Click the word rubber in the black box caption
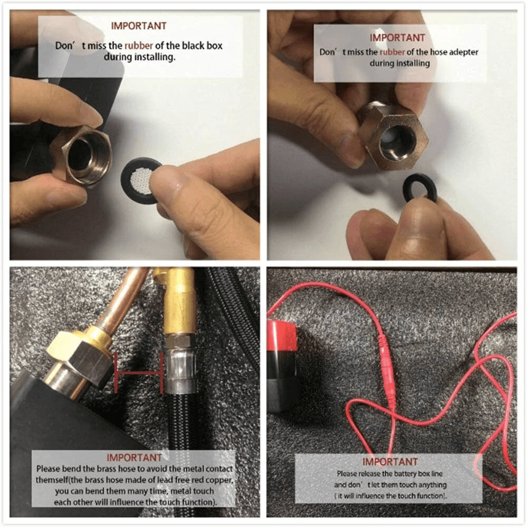(x=139, y=46)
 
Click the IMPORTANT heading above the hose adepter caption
(x=397, y=38)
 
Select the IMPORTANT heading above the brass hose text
(x=134, y=457)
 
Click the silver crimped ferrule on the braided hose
(x=180, y=371)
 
